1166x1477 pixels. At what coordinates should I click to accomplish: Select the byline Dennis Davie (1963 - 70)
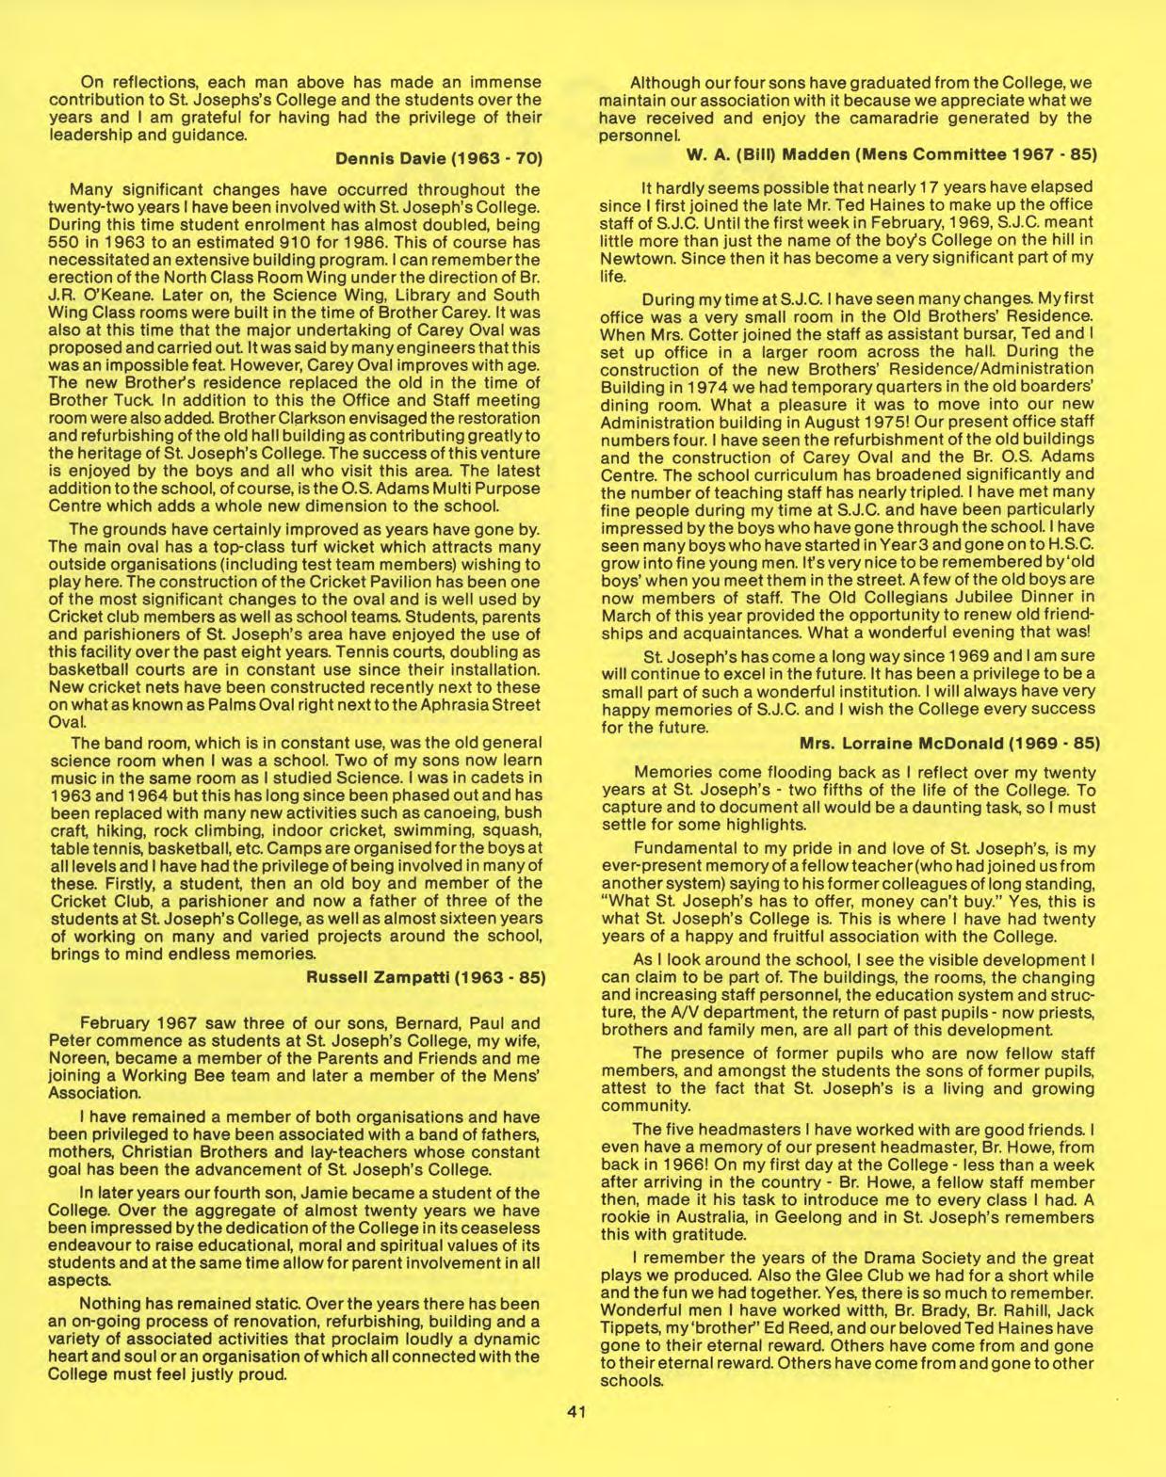(441, 155)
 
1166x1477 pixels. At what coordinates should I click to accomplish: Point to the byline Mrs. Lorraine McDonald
(948, 744)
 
